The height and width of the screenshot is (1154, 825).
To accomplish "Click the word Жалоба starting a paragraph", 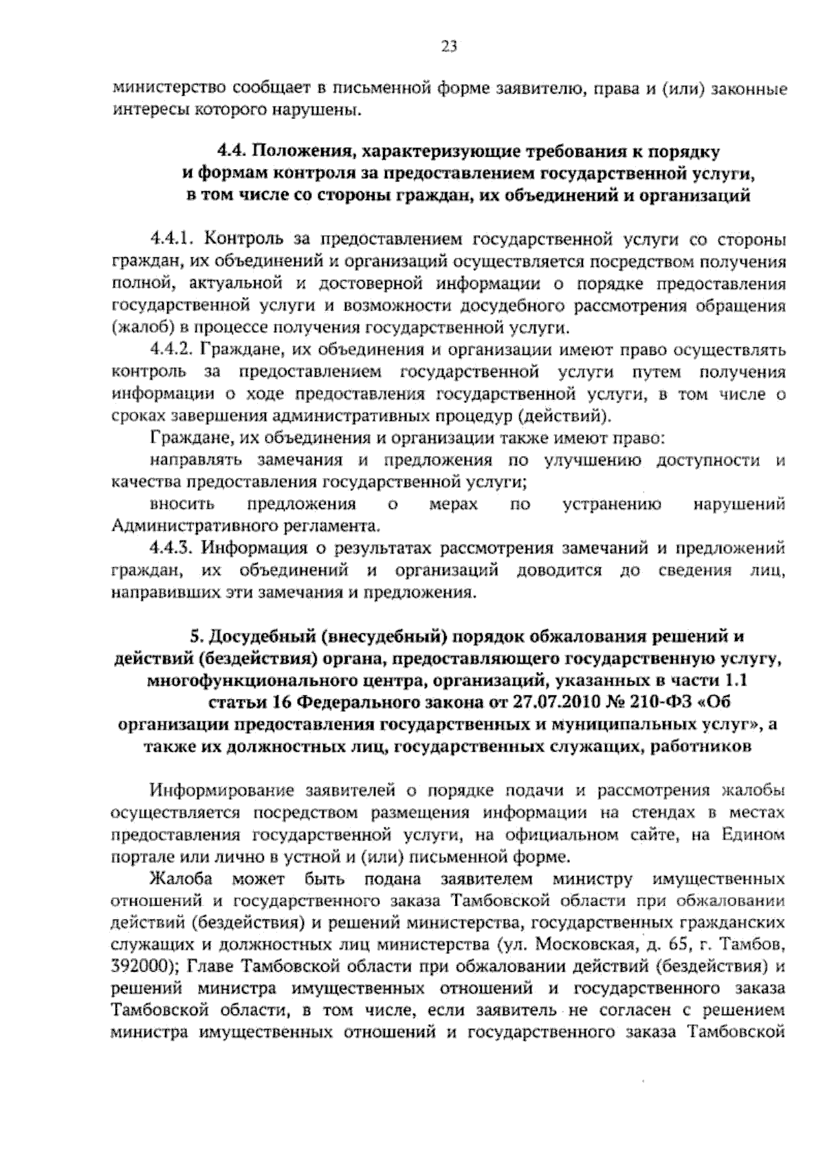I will tap(181, 879).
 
